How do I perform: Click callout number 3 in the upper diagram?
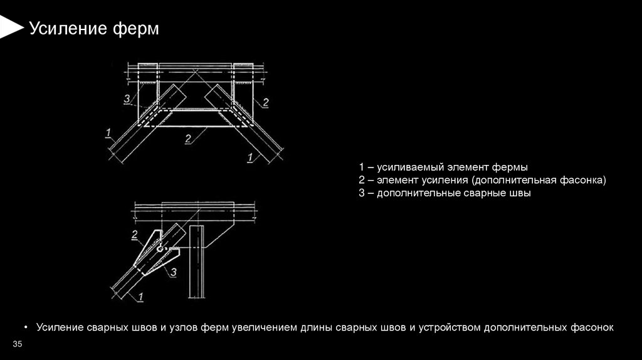pos(127,98)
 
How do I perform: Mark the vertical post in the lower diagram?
pos(197,263)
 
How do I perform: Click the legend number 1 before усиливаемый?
pos(362,167)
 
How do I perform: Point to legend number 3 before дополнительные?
pos(362,194)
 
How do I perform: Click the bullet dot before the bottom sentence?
pos(26,327)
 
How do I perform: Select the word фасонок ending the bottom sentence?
pos(592,327)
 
